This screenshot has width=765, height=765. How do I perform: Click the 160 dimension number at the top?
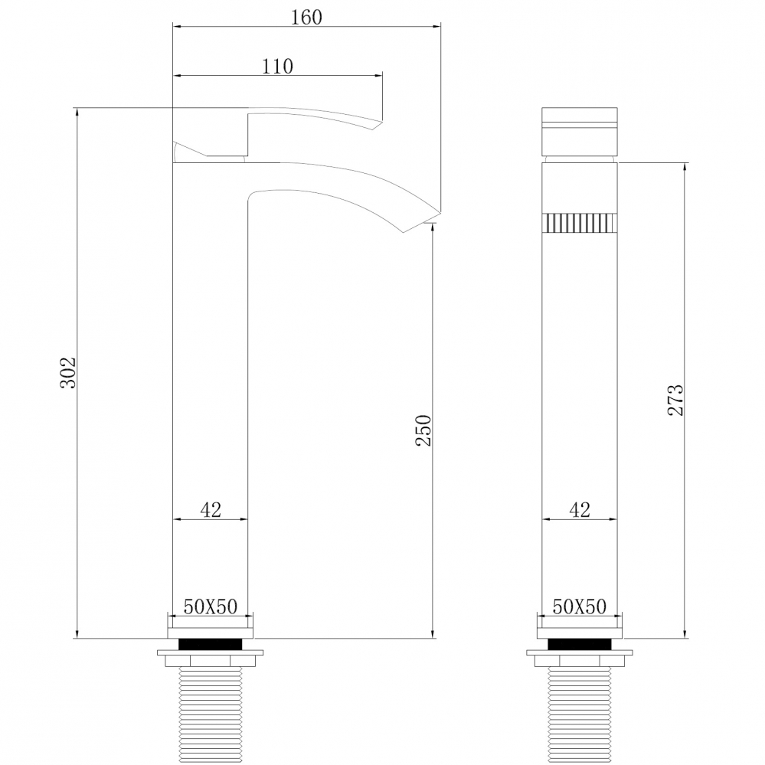click(306, 17)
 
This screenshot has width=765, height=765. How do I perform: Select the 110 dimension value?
click(277, 66)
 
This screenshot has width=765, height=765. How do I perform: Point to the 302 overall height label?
click(68, 372)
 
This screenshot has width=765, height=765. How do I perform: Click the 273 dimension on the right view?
click(675, 400)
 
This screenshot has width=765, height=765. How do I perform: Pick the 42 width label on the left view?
click(211, 510)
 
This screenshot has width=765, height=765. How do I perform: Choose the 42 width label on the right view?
click(580, 510)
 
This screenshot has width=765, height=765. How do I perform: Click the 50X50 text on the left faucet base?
click(210, 607)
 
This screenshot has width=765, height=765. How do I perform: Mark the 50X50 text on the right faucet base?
click(580, 607)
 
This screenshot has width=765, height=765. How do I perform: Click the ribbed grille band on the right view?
click(580, 223)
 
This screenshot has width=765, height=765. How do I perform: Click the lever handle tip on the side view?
click(375, 123)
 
